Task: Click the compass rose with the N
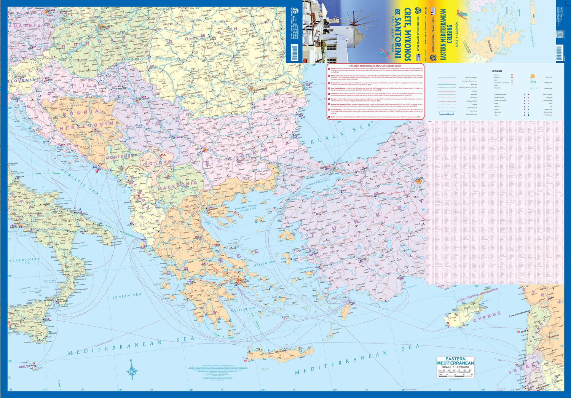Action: coord(132,369)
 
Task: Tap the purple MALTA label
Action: coord(25,366)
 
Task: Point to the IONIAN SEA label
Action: coord(127,295)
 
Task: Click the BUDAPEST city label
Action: coord(107,26)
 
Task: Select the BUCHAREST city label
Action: coord(259,89)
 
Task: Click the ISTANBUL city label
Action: coord(326,167)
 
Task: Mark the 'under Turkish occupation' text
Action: coord(477,295)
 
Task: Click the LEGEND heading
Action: coord(496,71)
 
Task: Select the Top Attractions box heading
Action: coord(375,66)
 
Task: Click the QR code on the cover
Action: coord(559,35)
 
